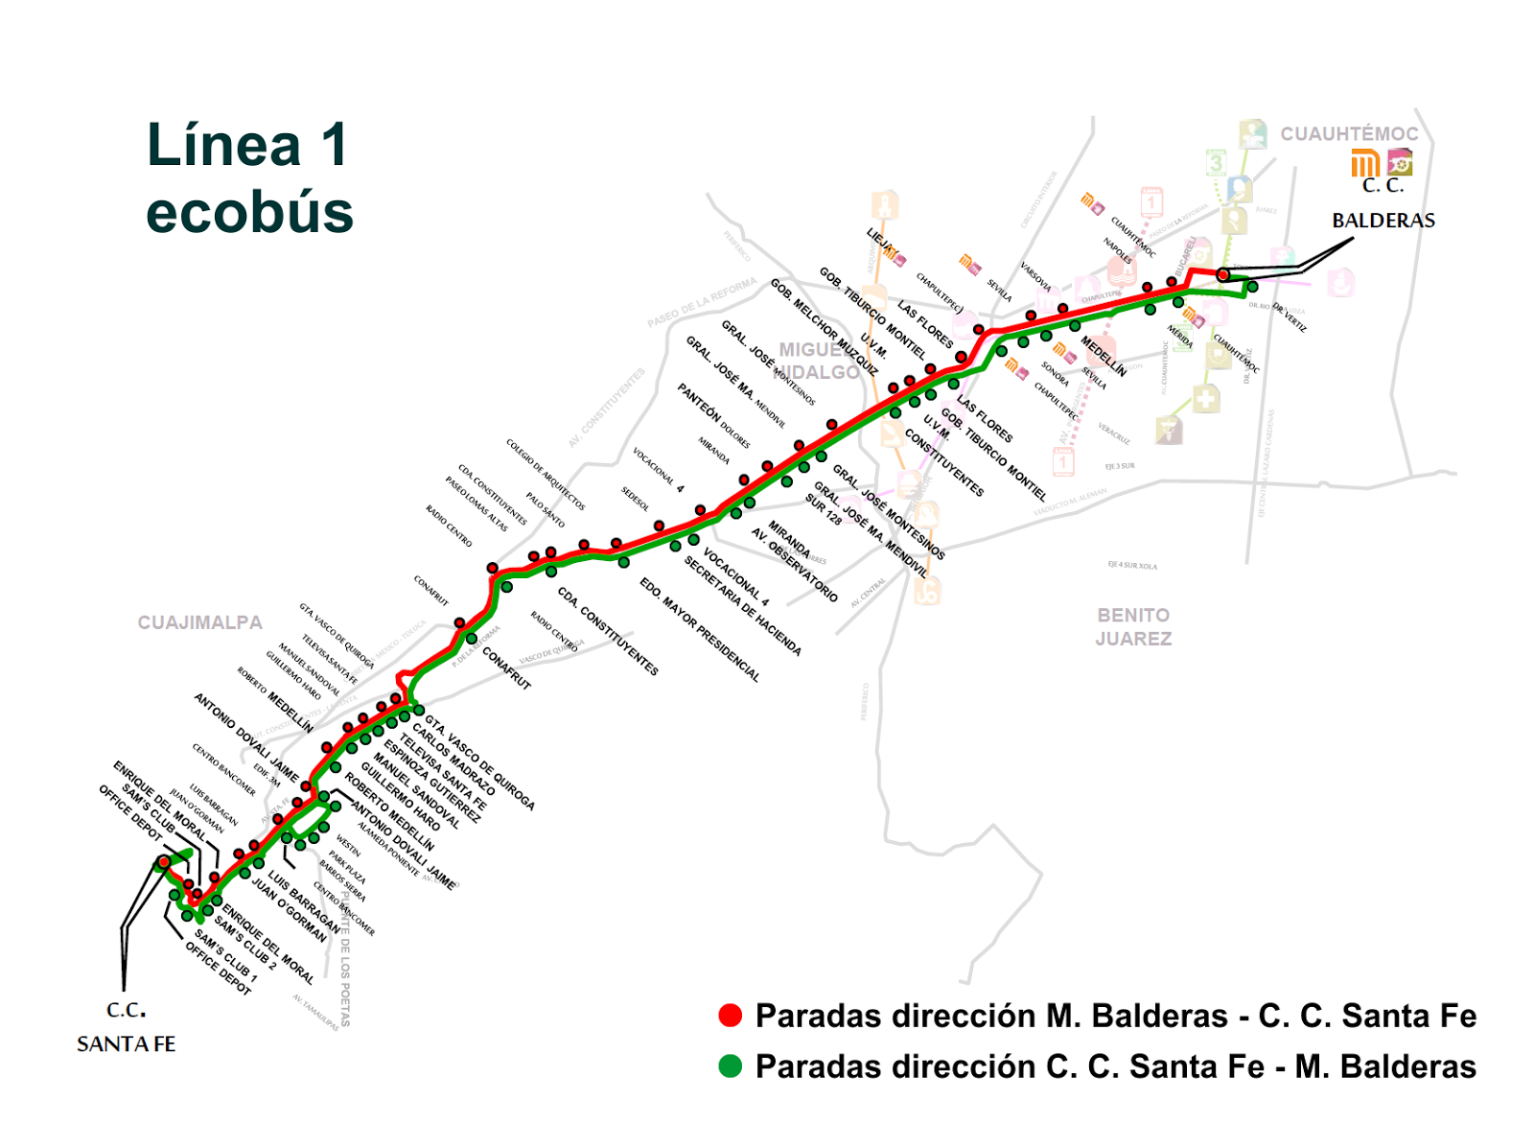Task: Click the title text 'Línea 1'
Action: pos(247,146)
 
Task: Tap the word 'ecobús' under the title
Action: pos(249,212)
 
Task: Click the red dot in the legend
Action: pos(731,1016)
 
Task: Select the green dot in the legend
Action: pos(731,1066)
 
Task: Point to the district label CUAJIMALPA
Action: pos(199,622)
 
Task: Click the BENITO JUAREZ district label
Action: pos(1133,626)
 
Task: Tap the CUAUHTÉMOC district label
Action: pos(1349,134)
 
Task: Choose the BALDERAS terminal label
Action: pos(1383,221)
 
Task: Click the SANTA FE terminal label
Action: pos(126,1043)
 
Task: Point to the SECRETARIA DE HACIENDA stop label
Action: pos(742,605)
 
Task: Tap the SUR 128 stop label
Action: pos(823,509)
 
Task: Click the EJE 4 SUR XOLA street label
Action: pos(1132,566)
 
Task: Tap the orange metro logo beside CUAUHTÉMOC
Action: pos(1363,165)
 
